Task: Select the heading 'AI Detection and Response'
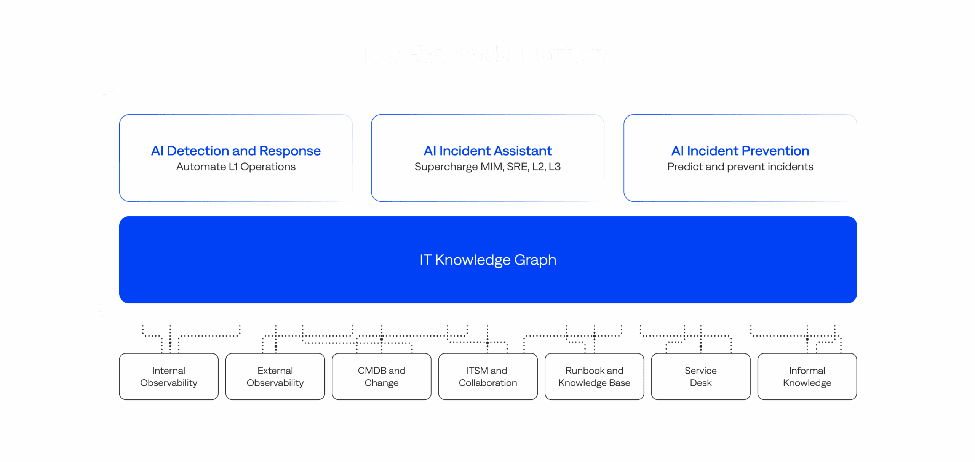tap(236, 151)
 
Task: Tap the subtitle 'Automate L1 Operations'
tap(236, 167)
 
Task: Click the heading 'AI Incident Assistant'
tap(487, 151)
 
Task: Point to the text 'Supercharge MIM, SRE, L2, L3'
tap(487, 167)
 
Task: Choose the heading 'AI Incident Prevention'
tap(740, 151)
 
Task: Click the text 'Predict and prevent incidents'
tap(740, 167)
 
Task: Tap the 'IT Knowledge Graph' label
tap(488, 260)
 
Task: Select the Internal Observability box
tap(169, 377)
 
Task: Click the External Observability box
tap(275, 377)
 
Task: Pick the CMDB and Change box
tap(381, 377)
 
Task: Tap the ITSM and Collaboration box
tap(488, 377)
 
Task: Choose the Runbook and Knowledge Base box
tap(594, 377)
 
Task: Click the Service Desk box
tap(701, 377)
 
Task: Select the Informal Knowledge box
tap(807, 377)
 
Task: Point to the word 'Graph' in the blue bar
tap(535, 260)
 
